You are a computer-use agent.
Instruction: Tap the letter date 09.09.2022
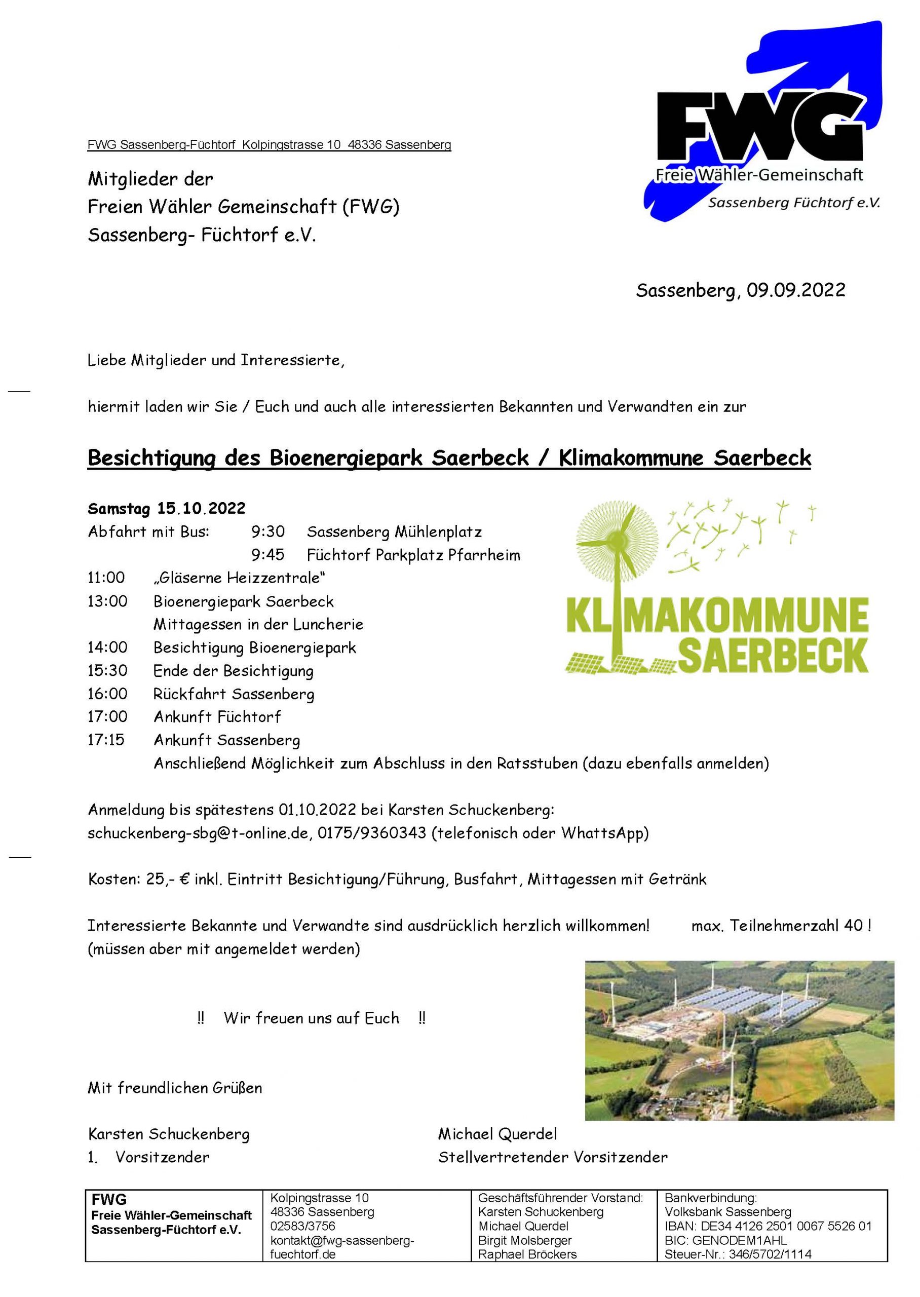coord(795,290)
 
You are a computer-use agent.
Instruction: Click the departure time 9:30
coord(268,532)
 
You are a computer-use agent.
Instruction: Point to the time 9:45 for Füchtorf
coord(268,555)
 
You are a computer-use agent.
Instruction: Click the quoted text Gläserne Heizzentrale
coord(239,578)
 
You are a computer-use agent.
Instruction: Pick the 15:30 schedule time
coord(107,671)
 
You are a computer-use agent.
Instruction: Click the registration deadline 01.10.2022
coord(317,810)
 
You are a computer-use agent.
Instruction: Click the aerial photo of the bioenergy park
coord(739,1041)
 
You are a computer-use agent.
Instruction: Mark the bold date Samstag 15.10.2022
coord(167,508)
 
